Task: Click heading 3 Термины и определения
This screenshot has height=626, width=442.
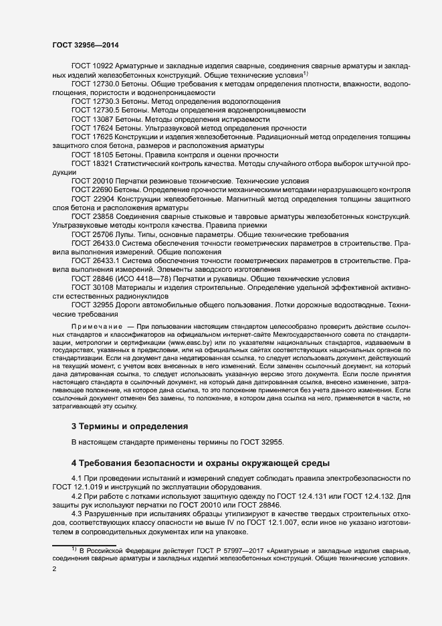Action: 130,426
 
